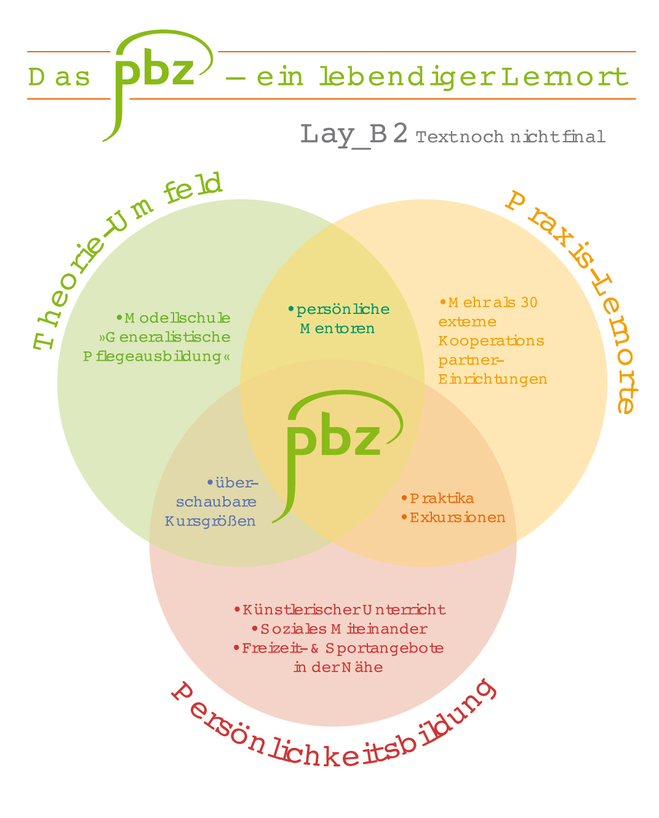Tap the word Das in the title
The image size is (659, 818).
click(x=59, y=78)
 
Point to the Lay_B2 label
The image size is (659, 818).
click(x=354, y=134)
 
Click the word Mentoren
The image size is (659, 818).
click(x=337, y=329)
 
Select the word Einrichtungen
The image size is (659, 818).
click(x=492, y=379)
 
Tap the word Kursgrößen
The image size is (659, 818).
click(x=210, y=521)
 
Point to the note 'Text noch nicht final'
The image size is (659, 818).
click(x=511, y=137)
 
